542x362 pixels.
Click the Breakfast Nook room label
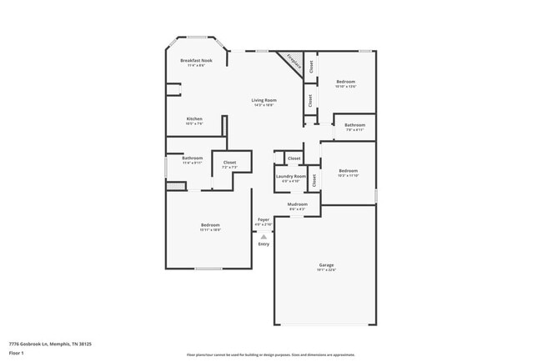197,61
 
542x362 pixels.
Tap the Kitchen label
194,119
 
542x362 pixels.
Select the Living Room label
263,100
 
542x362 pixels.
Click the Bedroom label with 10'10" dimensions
345,82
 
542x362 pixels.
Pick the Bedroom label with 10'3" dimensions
349,172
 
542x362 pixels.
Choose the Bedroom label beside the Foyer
209,225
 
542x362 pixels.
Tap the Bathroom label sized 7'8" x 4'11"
354,125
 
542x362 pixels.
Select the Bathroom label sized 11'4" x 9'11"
193,158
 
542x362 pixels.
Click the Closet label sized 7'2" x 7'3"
229,163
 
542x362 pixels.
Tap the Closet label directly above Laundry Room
294,158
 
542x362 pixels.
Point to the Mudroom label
298,204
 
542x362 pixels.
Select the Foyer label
263,220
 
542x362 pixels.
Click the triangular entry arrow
263,236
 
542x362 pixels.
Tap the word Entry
263,244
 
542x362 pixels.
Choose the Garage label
325,265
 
